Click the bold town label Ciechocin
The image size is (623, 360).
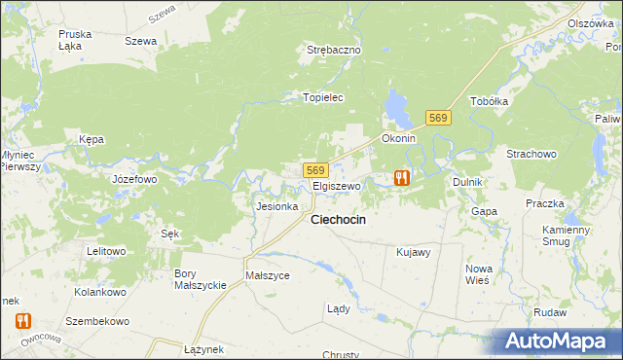(x=338, y=220)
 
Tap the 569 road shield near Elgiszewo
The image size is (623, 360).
(x=314, y=169)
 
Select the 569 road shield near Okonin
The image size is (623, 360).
(x=438, y=118)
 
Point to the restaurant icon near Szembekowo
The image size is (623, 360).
(x=22, y=320)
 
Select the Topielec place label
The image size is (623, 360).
(x=323, y=98)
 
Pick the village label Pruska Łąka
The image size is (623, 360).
(x=75, y=40)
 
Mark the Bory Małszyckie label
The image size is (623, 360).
(x=200, y=279)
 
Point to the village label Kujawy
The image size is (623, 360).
(x=414, y=252)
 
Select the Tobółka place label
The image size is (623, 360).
(x=490, y=101)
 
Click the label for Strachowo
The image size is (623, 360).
(x=531, y=155)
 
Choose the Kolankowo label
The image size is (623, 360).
(x=101, y=292)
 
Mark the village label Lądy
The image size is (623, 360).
(x=337, y=308)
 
